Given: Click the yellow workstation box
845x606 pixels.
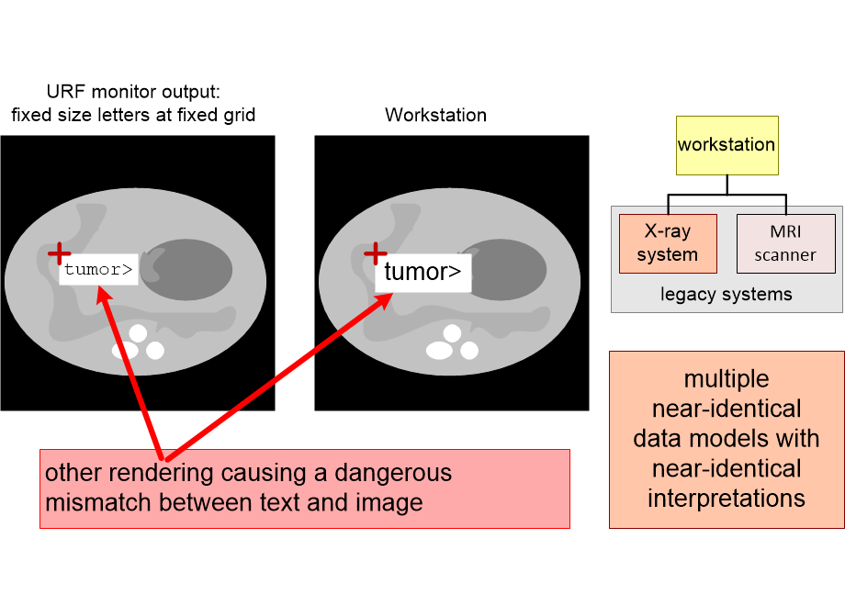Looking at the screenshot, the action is click(x=727, y=145).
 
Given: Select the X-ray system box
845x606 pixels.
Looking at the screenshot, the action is click(x=668, y=243).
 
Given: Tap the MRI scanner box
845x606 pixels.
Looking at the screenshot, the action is click(x=785, y=243).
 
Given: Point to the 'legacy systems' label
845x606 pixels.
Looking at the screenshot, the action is click(x=727, y=294).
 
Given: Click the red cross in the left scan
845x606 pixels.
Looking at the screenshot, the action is click(x=60, y=252).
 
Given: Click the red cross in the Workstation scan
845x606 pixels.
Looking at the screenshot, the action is click(x=375, y=252).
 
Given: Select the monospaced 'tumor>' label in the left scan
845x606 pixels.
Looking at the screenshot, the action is click(x=98, y=269).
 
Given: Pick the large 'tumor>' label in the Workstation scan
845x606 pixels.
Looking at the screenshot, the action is click(x=422, y=272).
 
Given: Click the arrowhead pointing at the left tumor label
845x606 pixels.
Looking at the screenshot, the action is click(x=102, y=295).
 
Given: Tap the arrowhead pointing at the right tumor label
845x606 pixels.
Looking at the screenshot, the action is click(x=385, y=300).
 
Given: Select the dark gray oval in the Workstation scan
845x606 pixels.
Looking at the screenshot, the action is click(x=507, y=270).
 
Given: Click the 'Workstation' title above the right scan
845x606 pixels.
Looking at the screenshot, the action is click(x=436, y=115).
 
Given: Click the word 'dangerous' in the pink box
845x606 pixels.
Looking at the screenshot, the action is click(x=393, y=473).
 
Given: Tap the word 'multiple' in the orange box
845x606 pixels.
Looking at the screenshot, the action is click(x=727, y=379).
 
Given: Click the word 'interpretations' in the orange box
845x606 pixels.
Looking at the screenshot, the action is click(x=727, y=499).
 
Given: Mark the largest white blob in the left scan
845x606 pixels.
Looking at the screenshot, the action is click(x=125, y=351).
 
